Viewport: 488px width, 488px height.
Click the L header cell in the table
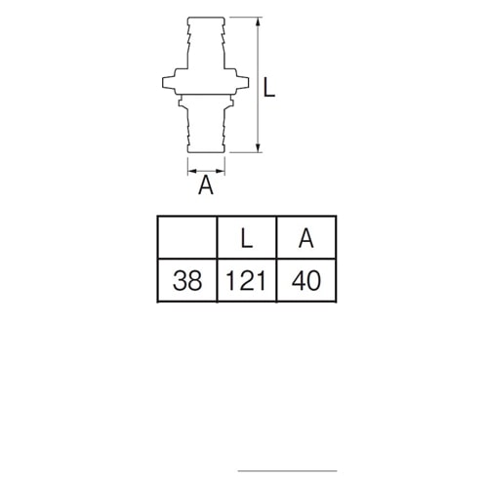click(x=247, y=237)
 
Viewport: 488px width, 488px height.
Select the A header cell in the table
click(x=306, y=237)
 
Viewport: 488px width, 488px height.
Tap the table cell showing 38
click(x=187, y=280)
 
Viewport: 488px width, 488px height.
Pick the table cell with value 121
click(x=247, y=280)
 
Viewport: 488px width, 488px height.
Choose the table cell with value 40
click(x=306, y=280)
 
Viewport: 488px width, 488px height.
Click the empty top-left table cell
click(x=187, y=237)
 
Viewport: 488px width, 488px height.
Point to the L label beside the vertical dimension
click(x=268, y=87)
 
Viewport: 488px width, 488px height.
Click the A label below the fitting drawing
click(x=206, y=184)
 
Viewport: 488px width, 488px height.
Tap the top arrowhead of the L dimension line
click(x=258, y=21)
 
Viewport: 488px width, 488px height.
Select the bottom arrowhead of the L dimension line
click(x=258, y=148)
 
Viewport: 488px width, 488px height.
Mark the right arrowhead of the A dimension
click(x=221, y=171)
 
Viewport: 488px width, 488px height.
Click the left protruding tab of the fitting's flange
click(x=169, y=83)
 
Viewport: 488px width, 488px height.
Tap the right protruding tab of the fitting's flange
click(x=242, y=83)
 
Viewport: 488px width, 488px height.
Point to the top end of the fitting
click(x=206, y=18)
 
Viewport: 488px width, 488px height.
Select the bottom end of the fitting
click(x=206, y=151)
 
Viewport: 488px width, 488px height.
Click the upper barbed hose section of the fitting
click(x=206, y=42)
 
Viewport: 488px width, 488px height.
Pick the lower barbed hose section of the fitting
click(x=206, y=130)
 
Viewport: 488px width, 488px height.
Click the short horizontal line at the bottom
click(x=287, y=470)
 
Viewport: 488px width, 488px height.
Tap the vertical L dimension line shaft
click(x=258, y=85)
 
